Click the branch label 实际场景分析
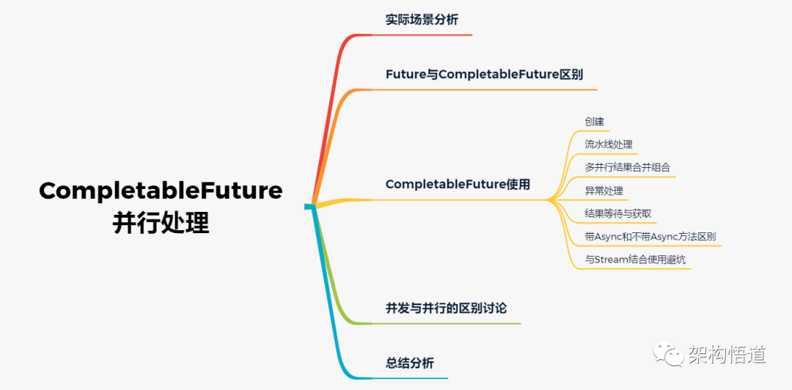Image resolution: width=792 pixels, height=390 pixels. [422, 20]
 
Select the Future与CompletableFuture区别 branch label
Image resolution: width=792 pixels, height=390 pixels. [484, 74]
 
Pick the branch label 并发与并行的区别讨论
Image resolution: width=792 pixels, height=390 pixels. [446, 308]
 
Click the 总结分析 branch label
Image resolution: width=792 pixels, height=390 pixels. [409, 363]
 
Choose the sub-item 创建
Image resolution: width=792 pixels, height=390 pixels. [594, 122]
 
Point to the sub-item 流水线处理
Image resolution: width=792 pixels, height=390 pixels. [609, 144]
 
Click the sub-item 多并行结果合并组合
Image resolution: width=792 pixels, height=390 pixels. [627, 167]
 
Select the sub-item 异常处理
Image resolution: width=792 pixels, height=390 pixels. [604, 191]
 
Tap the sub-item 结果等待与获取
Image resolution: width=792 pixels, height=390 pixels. [617, 213]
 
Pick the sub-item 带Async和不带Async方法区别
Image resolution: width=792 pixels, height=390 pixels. [650, 237]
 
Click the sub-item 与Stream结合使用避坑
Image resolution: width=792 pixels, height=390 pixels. [635, 260]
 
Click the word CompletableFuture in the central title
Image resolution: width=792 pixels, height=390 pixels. [161, 191]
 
